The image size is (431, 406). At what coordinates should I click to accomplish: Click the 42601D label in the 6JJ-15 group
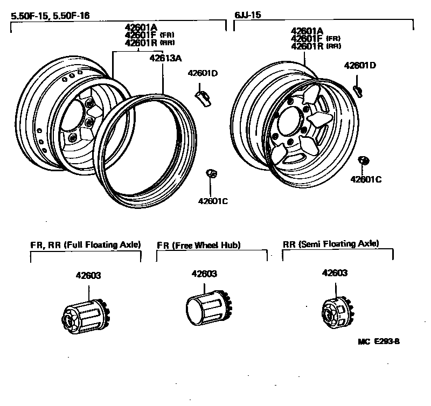pos(360,66)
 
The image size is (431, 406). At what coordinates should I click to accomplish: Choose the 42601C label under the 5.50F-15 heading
pos(213,201)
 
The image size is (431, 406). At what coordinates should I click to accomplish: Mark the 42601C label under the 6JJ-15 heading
pos(366,179)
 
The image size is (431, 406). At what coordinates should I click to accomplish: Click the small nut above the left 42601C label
pos(212,173)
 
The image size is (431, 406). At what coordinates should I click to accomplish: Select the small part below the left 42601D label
pos(202,97)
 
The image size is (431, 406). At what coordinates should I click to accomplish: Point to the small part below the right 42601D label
pos(358,88)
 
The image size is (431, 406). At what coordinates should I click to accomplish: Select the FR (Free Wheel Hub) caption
pos(198,245)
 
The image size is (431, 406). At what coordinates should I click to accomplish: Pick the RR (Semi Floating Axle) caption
pos(331,244)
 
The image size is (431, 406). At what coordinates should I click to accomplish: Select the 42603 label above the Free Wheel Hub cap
pos(204,274)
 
